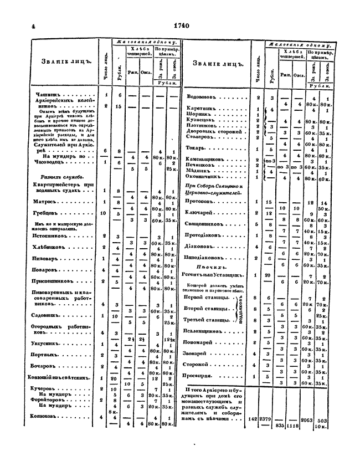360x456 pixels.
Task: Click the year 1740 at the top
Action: pyautogui.click(x=181, y=24)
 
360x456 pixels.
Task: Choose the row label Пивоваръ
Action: pyautogui.click(x=46, y=258)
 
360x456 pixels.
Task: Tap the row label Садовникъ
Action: pyautogui.click(x=47, y=316)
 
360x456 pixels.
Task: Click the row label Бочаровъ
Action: pyautogui.click(x=46, y=367)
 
